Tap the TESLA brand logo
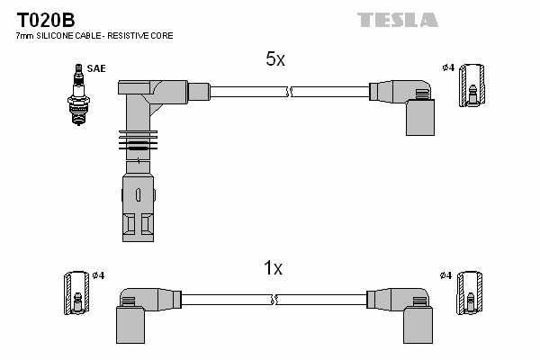(397, 19)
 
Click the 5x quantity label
(274, 59)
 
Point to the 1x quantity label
(273, 268)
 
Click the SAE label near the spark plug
(95, 67)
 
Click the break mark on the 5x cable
(289, 91)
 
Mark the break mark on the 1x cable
(279, 299)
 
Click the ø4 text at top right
(448, 67)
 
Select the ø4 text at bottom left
(98, 275)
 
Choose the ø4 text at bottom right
(446, 275)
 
